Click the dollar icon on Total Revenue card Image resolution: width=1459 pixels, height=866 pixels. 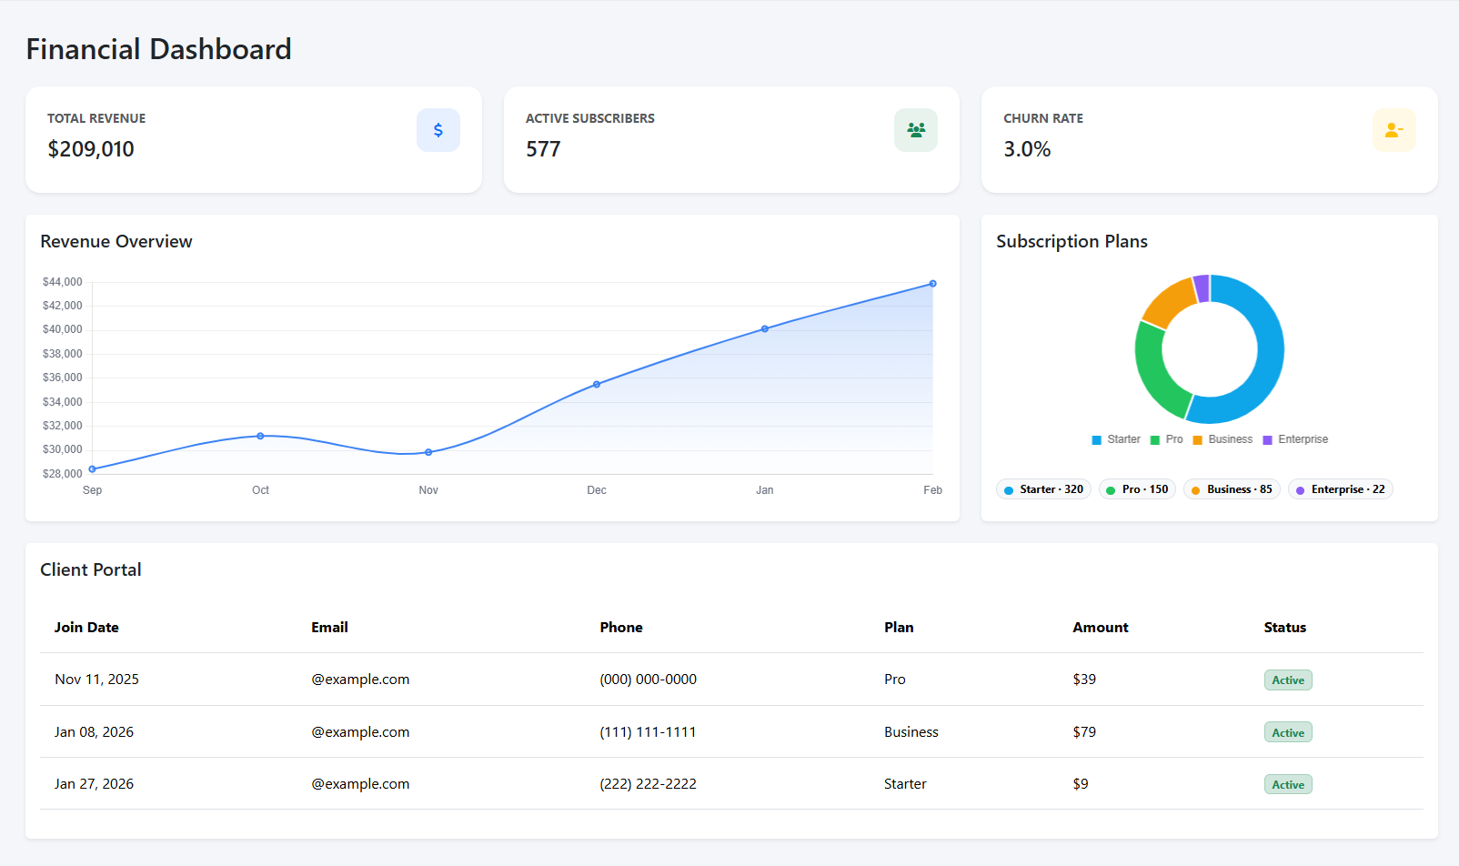click(x=438, y=130)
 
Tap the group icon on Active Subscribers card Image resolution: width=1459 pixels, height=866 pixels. click(x=915, y=130)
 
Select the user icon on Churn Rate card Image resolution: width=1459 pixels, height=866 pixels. click(x=1394, y=130)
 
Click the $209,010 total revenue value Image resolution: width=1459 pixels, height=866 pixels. click(x=91, y=149)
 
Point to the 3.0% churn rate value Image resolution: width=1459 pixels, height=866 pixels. click(x=1027, y=149)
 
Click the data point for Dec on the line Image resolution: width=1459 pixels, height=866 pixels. click(x=597, y=385)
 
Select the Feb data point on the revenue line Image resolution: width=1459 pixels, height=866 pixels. click(x=932, y=284)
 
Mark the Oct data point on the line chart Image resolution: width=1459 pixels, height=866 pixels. click(x=260, y=436)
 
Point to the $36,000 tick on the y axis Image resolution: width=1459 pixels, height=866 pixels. click(x=63, y=378)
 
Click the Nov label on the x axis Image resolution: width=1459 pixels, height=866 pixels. click(x=428, y=490)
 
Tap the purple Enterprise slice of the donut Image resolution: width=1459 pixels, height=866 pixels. click(x=1202, y=288)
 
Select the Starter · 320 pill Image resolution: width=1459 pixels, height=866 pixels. click(x=1043, y=489)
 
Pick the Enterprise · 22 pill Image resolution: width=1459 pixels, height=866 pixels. click(x=1340, y=489)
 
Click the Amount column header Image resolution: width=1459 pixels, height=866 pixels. click(x=1100, y=628)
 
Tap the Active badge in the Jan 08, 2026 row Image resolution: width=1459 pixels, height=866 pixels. click(x=1287, y=732)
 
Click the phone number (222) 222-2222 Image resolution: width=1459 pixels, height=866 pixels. click(x=648, y=784)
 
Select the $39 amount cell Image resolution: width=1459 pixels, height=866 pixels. click(x=1084, y=680)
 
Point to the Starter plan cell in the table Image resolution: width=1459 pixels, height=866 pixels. click(x=905, y=784)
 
